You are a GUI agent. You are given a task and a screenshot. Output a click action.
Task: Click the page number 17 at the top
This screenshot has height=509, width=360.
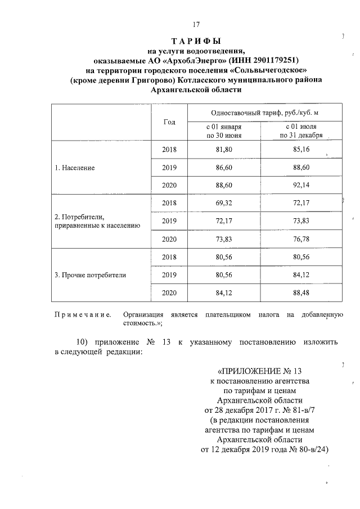196,24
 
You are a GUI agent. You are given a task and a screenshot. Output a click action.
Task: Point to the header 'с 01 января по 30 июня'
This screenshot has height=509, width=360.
224,132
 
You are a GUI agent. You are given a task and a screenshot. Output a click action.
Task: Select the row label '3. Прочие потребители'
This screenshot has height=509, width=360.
90,276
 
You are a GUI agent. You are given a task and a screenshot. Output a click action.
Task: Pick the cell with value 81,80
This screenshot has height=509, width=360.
224,150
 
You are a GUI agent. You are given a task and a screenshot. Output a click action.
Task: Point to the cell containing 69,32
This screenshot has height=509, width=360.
224,203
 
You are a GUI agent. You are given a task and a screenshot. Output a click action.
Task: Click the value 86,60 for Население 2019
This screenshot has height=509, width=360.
224,168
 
